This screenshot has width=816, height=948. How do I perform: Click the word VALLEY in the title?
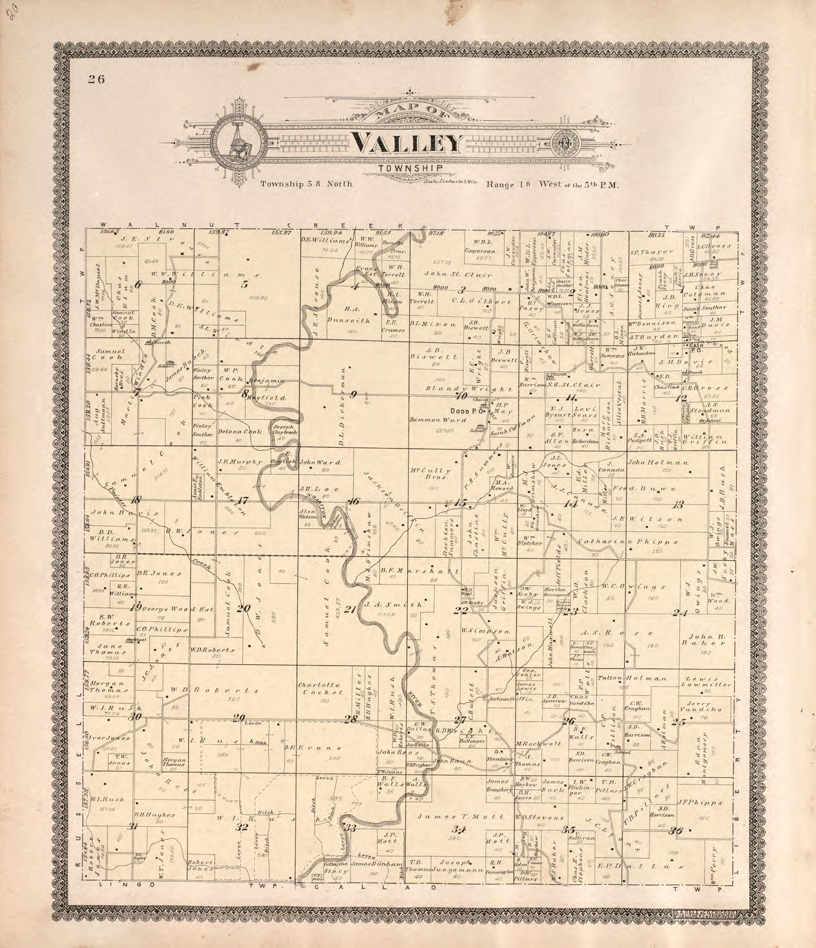pyautogui.click(x=407, y=143)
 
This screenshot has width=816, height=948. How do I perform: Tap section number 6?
pyautogui.click(x=138, y=284)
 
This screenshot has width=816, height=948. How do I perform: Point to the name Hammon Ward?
pyautogui.click(x=438, y=420)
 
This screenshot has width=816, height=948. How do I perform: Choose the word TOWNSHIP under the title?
pyautogui.click(x=410, y=168)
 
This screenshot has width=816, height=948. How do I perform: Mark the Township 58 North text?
pyautogui.click(x=306, y=184)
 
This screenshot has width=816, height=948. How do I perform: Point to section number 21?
pyautogui.click(x=350, y=609)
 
